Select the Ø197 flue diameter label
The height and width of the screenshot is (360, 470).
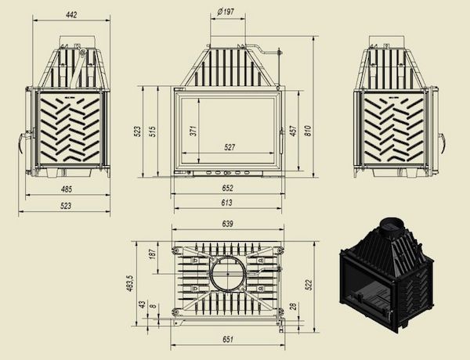(226, 13)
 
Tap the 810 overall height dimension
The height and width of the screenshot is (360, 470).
(308, 131)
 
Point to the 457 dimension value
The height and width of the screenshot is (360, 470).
(293, 131)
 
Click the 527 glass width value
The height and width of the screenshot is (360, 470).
(230, 147)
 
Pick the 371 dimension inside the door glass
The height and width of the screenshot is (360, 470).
(191, 131)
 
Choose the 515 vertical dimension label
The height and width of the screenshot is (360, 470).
(153, 131)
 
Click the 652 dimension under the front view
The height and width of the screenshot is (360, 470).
(228, 188)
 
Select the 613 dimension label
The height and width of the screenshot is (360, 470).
(227, 203)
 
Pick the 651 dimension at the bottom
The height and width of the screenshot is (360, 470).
(227, 338)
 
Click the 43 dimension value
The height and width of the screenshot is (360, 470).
(141, 304)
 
